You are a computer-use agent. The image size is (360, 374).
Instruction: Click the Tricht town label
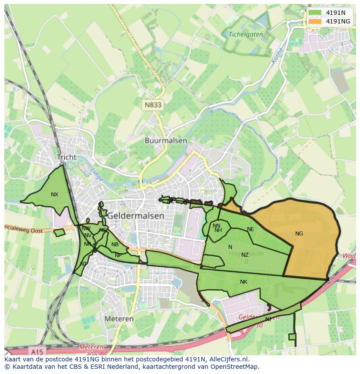coord(66,157)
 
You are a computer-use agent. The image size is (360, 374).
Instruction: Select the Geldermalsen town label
coord(136,215)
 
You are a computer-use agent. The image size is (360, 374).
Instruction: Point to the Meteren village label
coord(119,318)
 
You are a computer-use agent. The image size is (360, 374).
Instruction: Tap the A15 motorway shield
coord(38,350)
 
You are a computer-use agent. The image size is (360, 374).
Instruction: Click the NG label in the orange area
coord(299,234)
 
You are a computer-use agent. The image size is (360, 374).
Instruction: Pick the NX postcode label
coord(54,195)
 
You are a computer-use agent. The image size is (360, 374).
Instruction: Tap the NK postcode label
coord(243,282)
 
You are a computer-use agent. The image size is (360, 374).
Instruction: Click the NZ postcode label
coord(245,255)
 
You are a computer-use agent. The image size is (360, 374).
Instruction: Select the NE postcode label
coord(250,229)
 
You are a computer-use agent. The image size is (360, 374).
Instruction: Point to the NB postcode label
coord(115,245)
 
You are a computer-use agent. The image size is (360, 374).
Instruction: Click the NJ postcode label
coord(268,319)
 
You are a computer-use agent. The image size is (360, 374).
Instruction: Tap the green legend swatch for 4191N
coord(315,13)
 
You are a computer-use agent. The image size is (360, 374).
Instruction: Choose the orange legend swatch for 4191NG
coord(315,21)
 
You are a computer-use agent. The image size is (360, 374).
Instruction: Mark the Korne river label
coord(277,56)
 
